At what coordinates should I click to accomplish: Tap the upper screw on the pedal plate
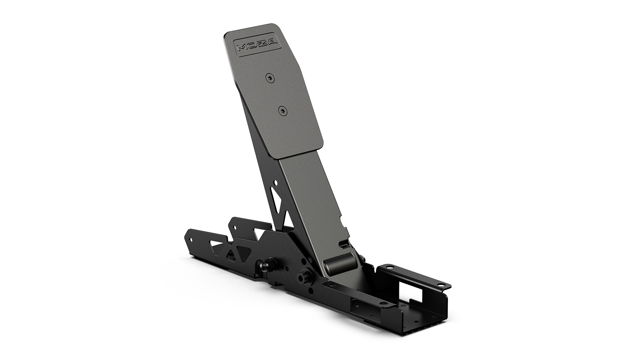pos(270,78)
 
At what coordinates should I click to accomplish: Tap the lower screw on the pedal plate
pos(283,110)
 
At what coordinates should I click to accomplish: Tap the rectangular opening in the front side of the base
pos(360,305)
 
